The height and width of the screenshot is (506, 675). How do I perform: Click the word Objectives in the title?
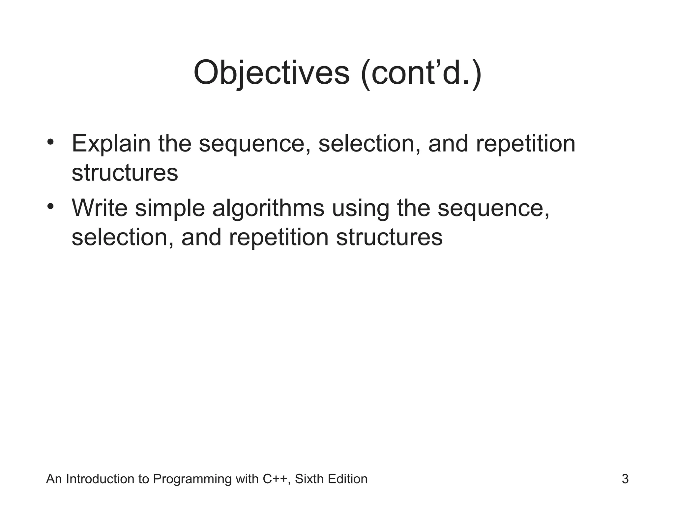pyautogui.click(x=271, y=73)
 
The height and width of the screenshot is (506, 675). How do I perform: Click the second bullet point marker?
pyautogui.click(x=50, y=207)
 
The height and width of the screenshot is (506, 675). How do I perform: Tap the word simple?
pyautogui.click(x=170, y=209)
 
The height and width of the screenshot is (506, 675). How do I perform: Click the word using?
pyautogui.click(x=361, y=209)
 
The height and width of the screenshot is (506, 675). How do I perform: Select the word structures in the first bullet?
pyautogui.click(x=125, y=173)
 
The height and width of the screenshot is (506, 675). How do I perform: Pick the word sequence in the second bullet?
pyautogui.click(x=493, y=209)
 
